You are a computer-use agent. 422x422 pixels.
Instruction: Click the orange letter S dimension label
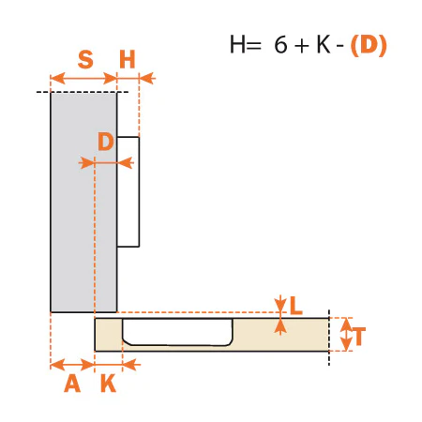pyautogui.click(x=85, y=59)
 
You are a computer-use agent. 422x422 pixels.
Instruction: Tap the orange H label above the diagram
pyautogui.click(x=128, y=59)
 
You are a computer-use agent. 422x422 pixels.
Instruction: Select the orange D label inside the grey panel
pyautogui.click(x=106, y=142)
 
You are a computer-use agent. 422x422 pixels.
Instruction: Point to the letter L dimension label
pyautogui.click(x=296, y=306)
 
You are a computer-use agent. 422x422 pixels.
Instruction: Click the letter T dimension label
pyautogui.click(x=359, y=336)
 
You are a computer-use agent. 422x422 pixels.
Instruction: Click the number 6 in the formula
pyautogui.click(x=280, y=44)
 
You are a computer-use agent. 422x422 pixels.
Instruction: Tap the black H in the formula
pyautogui.click(x=237, y=44)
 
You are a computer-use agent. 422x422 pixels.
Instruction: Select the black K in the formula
pyautogui.click(x=324, y=44)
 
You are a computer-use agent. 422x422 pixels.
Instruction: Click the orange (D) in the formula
pyautogui.click(x=369, y=46)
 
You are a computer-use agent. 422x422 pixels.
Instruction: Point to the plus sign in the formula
pyautogui.click(x=301, y=46)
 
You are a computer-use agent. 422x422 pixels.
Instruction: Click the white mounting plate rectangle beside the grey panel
pyautogui.click(x=128, y=191)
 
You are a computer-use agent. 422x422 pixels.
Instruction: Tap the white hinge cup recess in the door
pyautogui.click(x=177, y=331)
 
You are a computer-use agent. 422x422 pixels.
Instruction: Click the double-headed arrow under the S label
pyautogui.click(x=83, y=78)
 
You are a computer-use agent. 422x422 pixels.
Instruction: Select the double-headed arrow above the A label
pyautogui.click(x=72, y=365)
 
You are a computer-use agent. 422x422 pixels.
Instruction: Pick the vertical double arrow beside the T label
pyautogui.click(x=346, y=334)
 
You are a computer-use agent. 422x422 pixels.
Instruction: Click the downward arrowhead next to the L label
pyautogui.click(x=280, y=303)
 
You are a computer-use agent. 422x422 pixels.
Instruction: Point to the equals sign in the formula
pyautogui.click(x=253, y=47)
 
